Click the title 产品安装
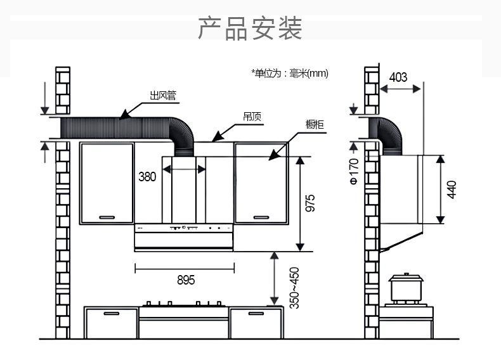pos(250,29)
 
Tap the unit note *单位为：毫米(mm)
pos(289,74)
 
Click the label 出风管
pos(162,96)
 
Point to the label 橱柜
pos(315,124)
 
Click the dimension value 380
pos(147,177)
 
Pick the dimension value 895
pos(185,280)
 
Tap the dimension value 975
pos(311,203)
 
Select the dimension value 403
pos(398,77)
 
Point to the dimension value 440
pos(452,189)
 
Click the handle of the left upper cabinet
pos(107,217)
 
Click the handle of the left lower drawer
pos(112,313)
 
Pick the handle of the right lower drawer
pos(256,313)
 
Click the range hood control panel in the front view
pos(184,227)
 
